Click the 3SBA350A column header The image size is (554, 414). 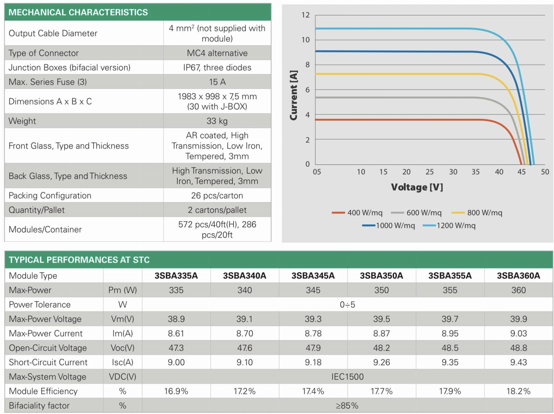pyautogui.click(x=381, y=276)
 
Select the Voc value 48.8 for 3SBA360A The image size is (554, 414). pyautogui.click(x=518, y=348)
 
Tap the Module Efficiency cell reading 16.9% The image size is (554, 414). pyautogui.click(x=176, y=391)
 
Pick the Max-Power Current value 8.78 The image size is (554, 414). pyautogui.click(x=313, y=333)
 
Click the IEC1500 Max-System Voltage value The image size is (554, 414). pyautogui.click(x=347, y=377)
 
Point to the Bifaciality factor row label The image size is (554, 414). pyautogui.click(x=39, y=406)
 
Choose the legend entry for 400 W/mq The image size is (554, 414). pyautogui.click(x=357, y=213)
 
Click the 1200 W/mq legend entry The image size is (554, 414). pyautogui.click(x=449, y=226)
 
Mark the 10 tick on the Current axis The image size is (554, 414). pyautogui.click(x=305, y=40)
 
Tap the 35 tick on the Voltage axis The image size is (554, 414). pyautogui.click(x=476, y=172)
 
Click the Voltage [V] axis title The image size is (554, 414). pyautogui.click(x=417, y=187)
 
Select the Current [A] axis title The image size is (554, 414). pyautogui.click(x=294, y=95)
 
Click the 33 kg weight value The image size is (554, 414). pyautogui.click(x=217, y=121)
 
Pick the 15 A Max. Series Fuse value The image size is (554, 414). pyautogui.click(x=217, y=82)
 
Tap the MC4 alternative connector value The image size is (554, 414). pyautogui.click(x=217, y=53)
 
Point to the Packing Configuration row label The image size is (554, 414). pyautogui.click(x=50, y=196)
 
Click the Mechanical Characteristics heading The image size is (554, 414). pyautogui.click(x=78, y=12)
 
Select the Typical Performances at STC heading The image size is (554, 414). pyautogui.click(x=79, y=260)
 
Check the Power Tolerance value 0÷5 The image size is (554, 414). pyautogui.click(x=347, y=305)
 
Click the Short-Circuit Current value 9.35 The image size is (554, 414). pyautogui.click(x=450, y=362)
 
